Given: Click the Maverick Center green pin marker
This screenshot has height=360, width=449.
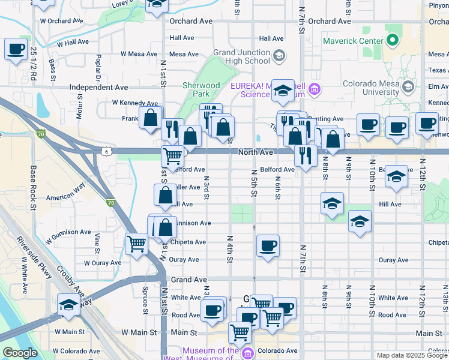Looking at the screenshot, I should [393, 41].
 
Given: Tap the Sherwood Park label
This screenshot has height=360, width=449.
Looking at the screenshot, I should [201, 89].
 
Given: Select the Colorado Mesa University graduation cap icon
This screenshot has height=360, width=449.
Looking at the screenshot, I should [408, 87].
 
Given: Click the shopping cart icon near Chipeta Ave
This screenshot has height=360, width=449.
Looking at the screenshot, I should [136, 244].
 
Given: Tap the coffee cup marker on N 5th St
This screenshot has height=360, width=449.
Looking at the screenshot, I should [268, 245].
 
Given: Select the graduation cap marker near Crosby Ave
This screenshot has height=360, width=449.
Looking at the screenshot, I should [68, 305].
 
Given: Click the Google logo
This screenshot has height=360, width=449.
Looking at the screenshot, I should [20, 353].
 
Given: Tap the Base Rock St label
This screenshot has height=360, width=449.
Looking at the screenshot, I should [34, 184].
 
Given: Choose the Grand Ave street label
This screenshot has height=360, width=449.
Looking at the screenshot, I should [188, 280].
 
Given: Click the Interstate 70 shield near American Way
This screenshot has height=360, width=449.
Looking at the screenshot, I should [110, 203].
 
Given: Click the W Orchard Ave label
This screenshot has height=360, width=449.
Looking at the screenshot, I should [62, 20].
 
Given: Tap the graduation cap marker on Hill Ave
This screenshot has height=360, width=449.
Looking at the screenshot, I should [331, 203].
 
